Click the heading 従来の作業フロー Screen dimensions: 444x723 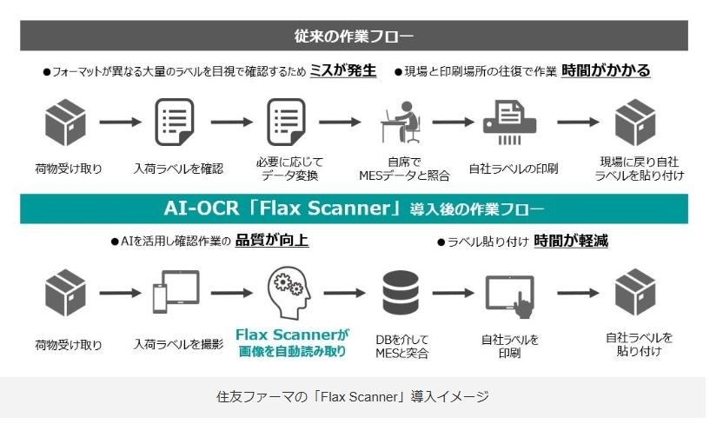pyautogui.click(x=353, y=36)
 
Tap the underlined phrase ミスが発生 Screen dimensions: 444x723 pyautogui.click(x=342, y=71)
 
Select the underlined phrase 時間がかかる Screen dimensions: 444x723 pyautogui.click(x=606, y=71)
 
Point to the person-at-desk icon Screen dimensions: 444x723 pyautogui.click(x=401, y=123)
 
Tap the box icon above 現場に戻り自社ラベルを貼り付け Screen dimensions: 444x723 pyautogui.click(x=634, y=122)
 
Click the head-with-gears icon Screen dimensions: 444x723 pyautogui.click(x=286, y=294)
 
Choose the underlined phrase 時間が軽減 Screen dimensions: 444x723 pyautogui.click(x=570, y=241)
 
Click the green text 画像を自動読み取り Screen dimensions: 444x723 pyautogui.click(x=292, y=352)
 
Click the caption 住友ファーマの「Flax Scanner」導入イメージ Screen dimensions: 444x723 pyautogui.click(x=353, y=397)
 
